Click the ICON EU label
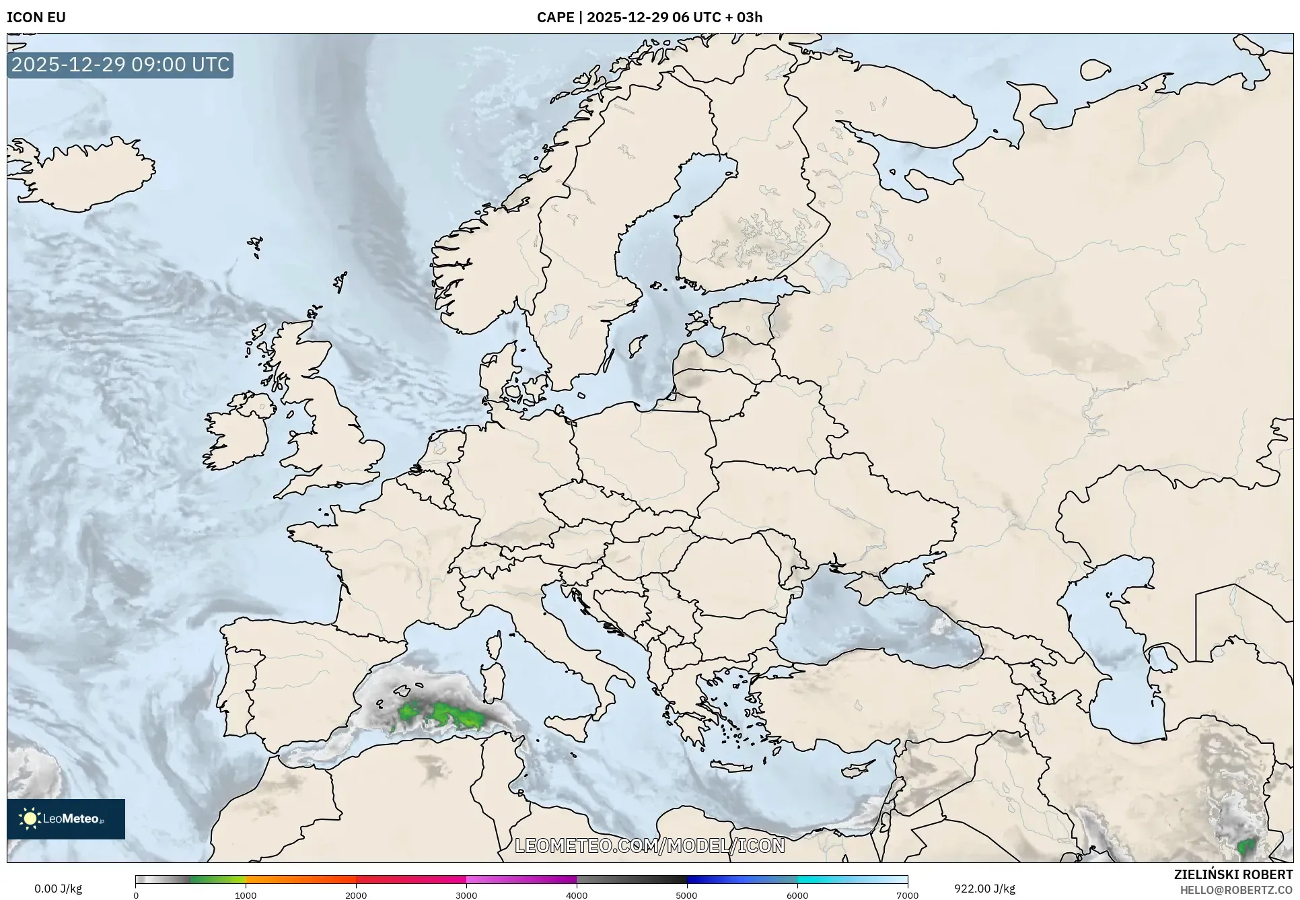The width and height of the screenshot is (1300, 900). pos(36,18)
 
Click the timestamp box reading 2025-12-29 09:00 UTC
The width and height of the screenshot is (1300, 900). pos(120,65)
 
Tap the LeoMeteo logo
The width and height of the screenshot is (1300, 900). pos(66,819)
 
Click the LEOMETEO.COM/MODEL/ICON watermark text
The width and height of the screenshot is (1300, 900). pos(650,845)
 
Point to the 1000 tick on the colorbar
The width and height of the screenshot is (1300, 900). pos(246,895)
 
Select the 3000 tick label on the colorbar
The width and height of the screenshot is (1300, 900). pos(466,895)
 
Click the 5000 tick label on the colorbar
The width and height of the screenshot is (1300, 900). pos(686,895)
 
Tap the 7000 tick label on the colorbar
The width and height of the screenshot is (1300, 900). pos(907,895)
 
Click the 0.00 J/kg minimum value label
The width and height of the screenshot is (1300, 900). pos(58,889)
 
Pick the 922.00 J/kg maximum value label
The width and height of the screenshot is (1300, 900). pos(984,889)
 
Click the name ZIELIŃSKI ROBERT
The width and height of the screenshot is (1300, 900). pos(1233,874)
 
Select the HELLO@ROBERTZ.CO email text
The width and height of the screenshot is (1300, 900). pos(1236,890)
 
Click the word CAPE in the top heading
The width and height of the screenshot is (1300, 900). pos(555,18)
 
